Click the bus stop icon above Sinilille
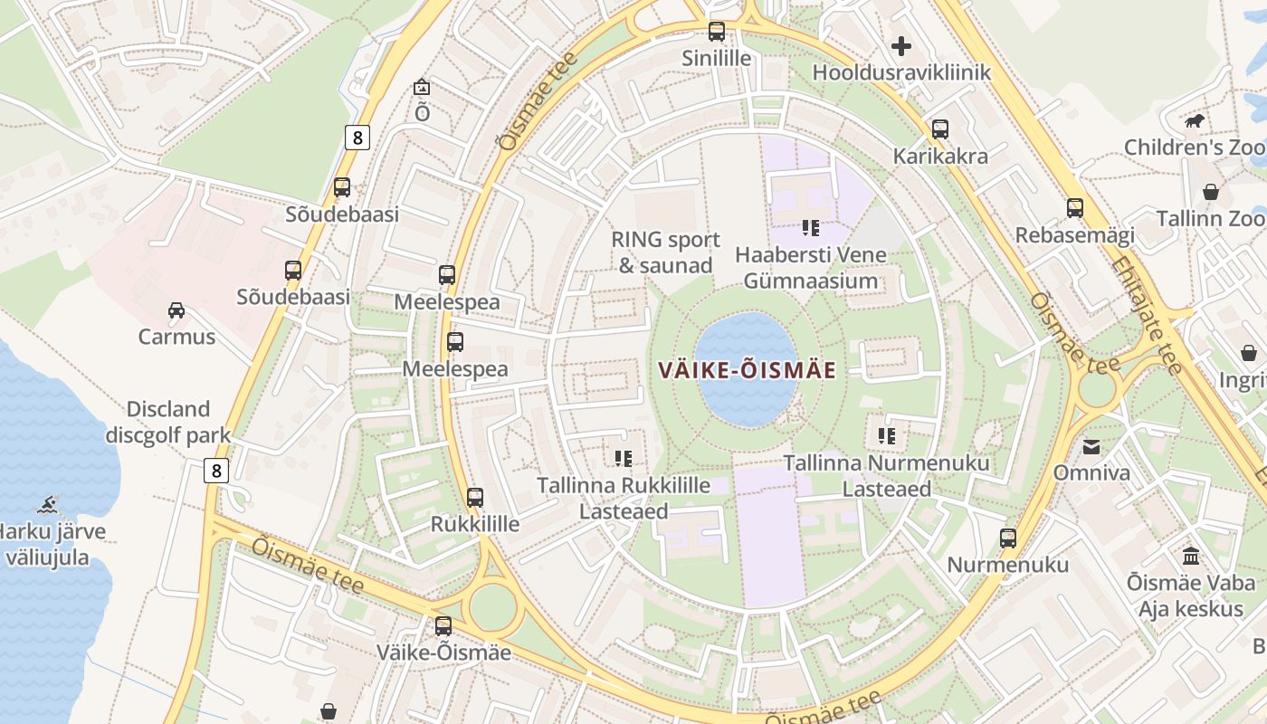[717, 32]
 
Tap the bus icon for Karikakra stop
[940, 129]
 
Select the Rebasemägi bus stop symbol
[1074, 208]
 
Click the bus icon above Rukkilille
[475, 497]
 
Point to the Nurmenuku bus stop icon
[1008, 538]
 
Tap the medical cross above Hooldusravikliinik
[901, 45]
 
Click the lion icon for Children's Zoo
[1195, 120]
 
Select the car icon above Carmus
[176, 310]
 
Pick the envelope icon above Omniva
[1091, 446]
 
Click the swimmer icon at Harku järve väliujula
[50, 504]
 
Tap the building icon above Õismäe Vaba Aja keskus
[1191, 556]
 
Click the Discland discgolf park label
[168, 422]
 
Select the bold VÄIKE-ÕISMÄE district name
[747, 370]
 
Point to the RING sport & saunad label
[665, 252]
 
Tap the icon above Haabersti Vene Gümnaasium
[810, 228]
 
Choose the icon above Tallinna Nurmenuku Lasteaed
[887, 436]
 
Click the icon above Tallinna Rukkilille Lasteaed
[623, 459]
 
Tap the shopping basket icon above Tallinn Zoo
[1210, 192]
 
